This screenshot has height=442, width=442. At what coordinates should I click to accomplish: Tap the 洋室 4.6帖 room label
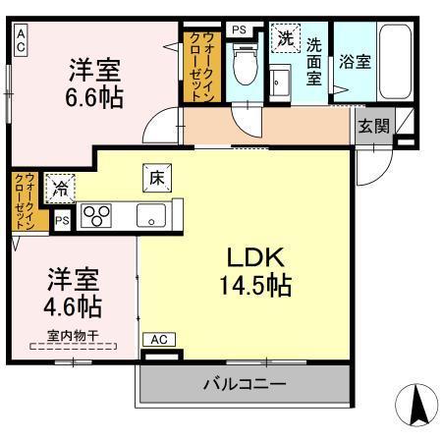point(70,290)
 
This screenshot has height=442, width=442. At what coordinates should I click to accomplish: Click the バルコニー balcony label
point(246,383)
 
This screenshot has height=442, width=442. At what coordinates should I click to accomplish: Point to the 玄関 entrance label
point(372,125)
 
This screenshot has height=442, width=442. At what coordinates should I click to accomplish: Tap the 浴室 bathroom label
point(354,61)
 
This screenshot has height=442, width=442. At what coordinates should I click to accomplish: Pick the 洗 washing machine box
point(285,39)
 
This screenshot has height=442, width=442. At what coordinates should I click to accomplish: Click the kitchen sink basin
point(151,214)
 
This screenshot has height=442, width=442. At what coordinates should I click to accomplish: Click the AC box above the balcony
point(159,340)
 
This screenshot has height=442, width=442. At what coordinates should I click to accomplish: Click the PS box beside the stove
point(62,220)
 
